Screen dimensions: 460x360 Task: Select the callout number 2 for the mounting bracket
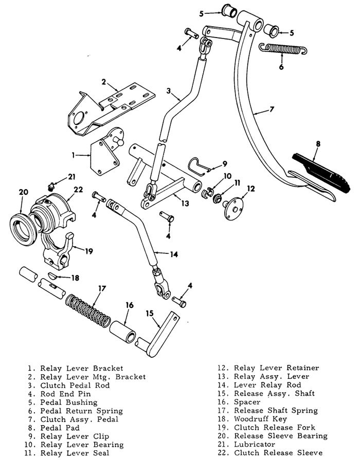(103, 82)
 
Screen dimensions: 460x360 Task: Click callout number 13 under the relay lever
(185, 204)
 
